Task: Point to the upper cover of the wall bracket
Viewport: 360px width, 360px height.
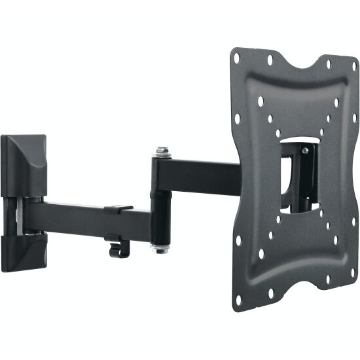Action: (24, 164)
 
